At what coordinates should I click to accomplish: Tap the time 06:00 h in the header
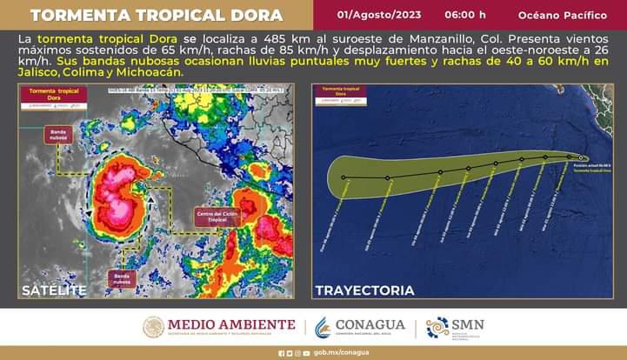(x=465, y=16)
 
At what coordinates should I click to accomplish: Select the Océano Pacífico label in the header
(x=562, y=16)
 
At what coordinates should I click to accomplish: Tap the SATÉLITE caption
(x=55, y=290)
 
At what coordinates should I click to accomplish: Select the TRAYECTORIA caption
(x=364, y=290)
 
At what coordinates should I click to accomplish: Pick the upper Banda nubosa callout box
(x=59, y=134)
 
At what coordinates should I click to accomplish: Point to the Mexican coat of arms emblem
(x=153, y=327)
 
